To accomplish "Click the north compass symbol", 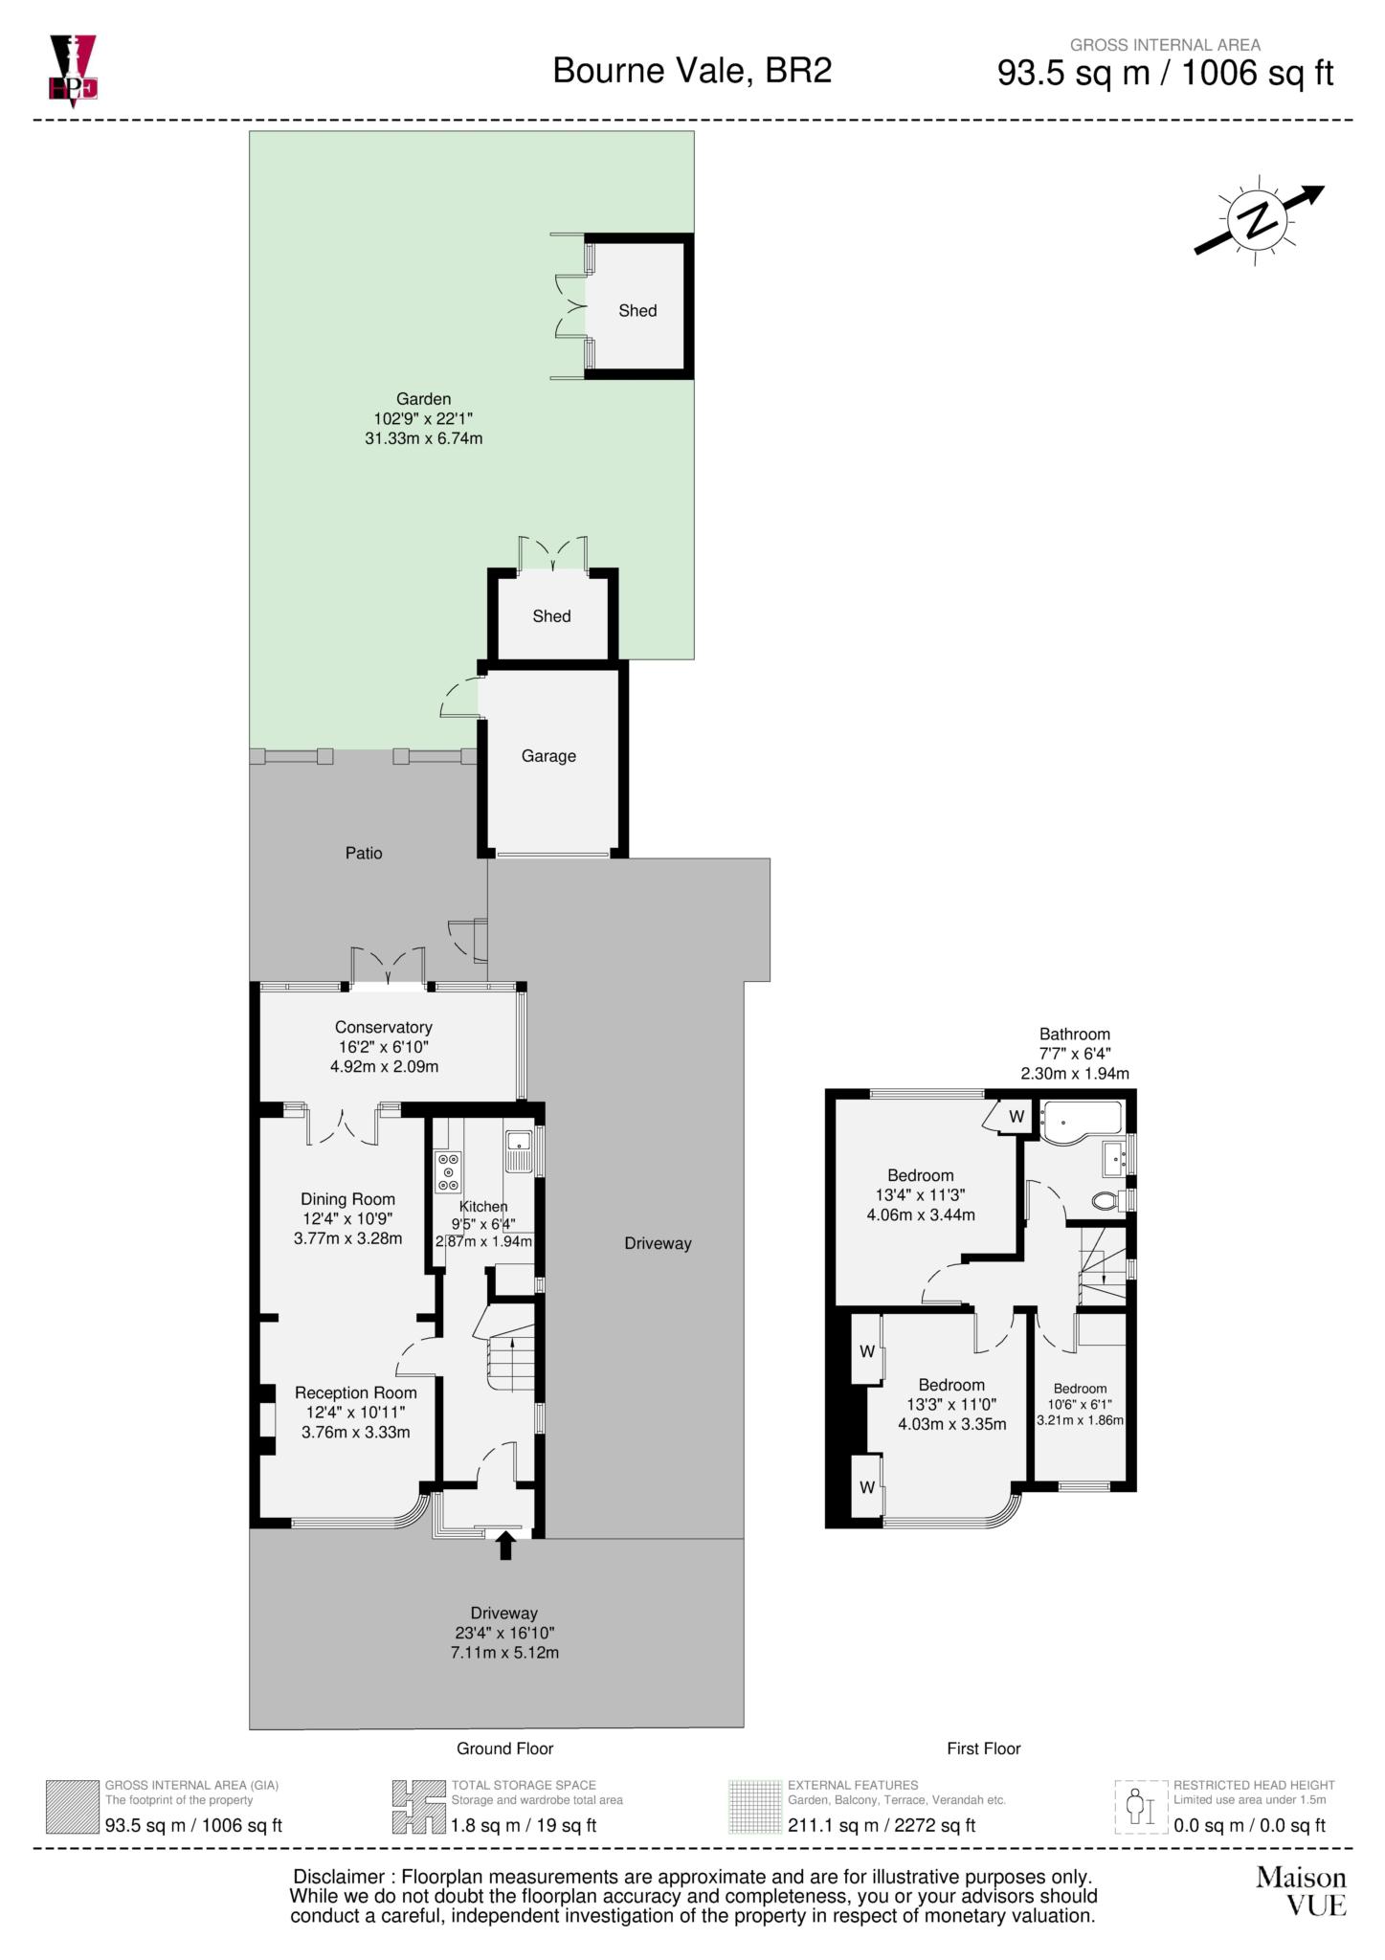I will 1258,220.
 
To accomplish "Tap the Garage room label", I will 548,756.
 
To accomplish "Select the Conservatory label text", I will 383,1027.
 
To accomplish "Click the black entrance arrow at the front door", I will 505,1545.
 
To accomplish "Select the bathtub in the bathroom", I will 1082,1122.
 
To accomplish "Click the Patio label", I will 364,853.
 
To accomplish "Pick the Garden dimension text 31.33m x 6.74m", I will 423,438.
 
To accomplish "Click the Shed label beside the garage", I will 551,616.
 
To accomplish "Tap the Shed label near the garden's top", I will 637,310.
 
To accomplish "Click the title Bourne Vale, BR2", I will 692,71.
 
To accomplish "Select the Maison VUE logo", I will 1301,1892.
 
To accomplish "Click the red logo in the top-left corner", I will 73,69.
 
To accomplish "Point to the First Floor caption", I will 983,1748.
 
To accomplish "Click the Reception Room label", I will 355,1392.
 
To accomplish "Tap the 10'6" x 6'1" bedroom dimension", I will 1080,1404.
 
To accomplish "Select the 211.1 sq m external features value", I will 833,1825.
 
